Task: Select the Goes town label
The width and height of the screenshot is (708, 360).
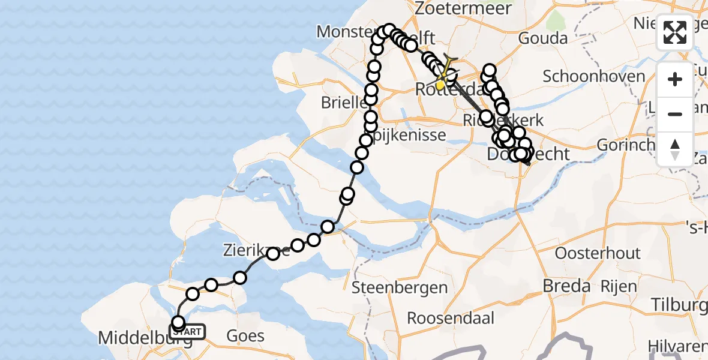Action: pyautogui.click(x=245, y=335)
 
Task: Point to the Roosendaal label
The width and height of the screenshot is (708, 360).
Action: pyautogui.click(x=451, y=317)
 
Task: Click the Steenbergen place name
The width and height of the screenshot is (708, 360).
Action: pyautogui.click(x=399, y=287)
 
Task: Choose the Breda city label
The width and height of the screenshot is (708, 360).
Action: pyautogui.click(x=566, y=286)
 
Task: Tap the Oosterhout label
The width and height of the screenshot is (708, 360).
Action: pyautogui.click(x=598, y=253)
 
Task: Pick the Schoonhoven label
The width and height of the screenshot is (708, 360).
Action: pyautogui.click(x=586, y=76)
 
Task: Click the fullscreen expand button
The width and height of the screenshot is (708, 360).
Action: pyautogui.click(x=675, y=32)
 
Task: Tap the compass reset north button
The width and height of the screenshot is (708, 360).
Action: pyautogui.click(x=675, y=149)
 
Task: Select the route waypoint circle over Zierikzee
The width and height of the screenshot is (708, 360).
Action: pyautogui.click(x=273, y=254)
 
